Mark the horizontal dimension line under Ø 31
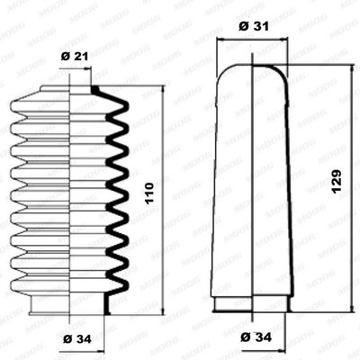click(x=251, y=40)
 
